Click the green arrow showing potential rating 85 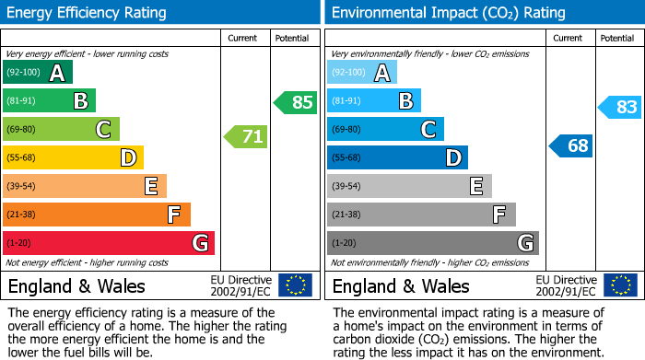coord(296,102)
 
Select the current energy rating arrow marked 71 coord(246,137)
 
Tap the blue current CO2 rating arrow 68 coord(571,145)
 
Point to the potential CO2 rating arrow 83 coord(620,107)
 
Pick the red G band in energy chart coord(109,243)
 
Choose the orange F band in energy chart coord(97,215)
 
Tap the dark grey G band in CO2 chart coord(433,243)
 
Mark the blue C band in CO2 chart coord(385,130)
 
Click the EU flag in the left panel coord(295,285)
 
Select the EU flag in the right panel coord(619,285)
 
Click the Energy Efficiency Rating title coord(88,13)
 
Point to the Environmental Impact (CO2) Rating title coord(448,13)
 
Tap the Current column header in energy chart coord(242,38)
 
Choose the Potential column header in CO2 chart coord(616,38)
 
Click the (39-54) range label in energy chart coord(20,187)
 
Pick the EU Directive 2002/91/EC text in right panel coord(566,285)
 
